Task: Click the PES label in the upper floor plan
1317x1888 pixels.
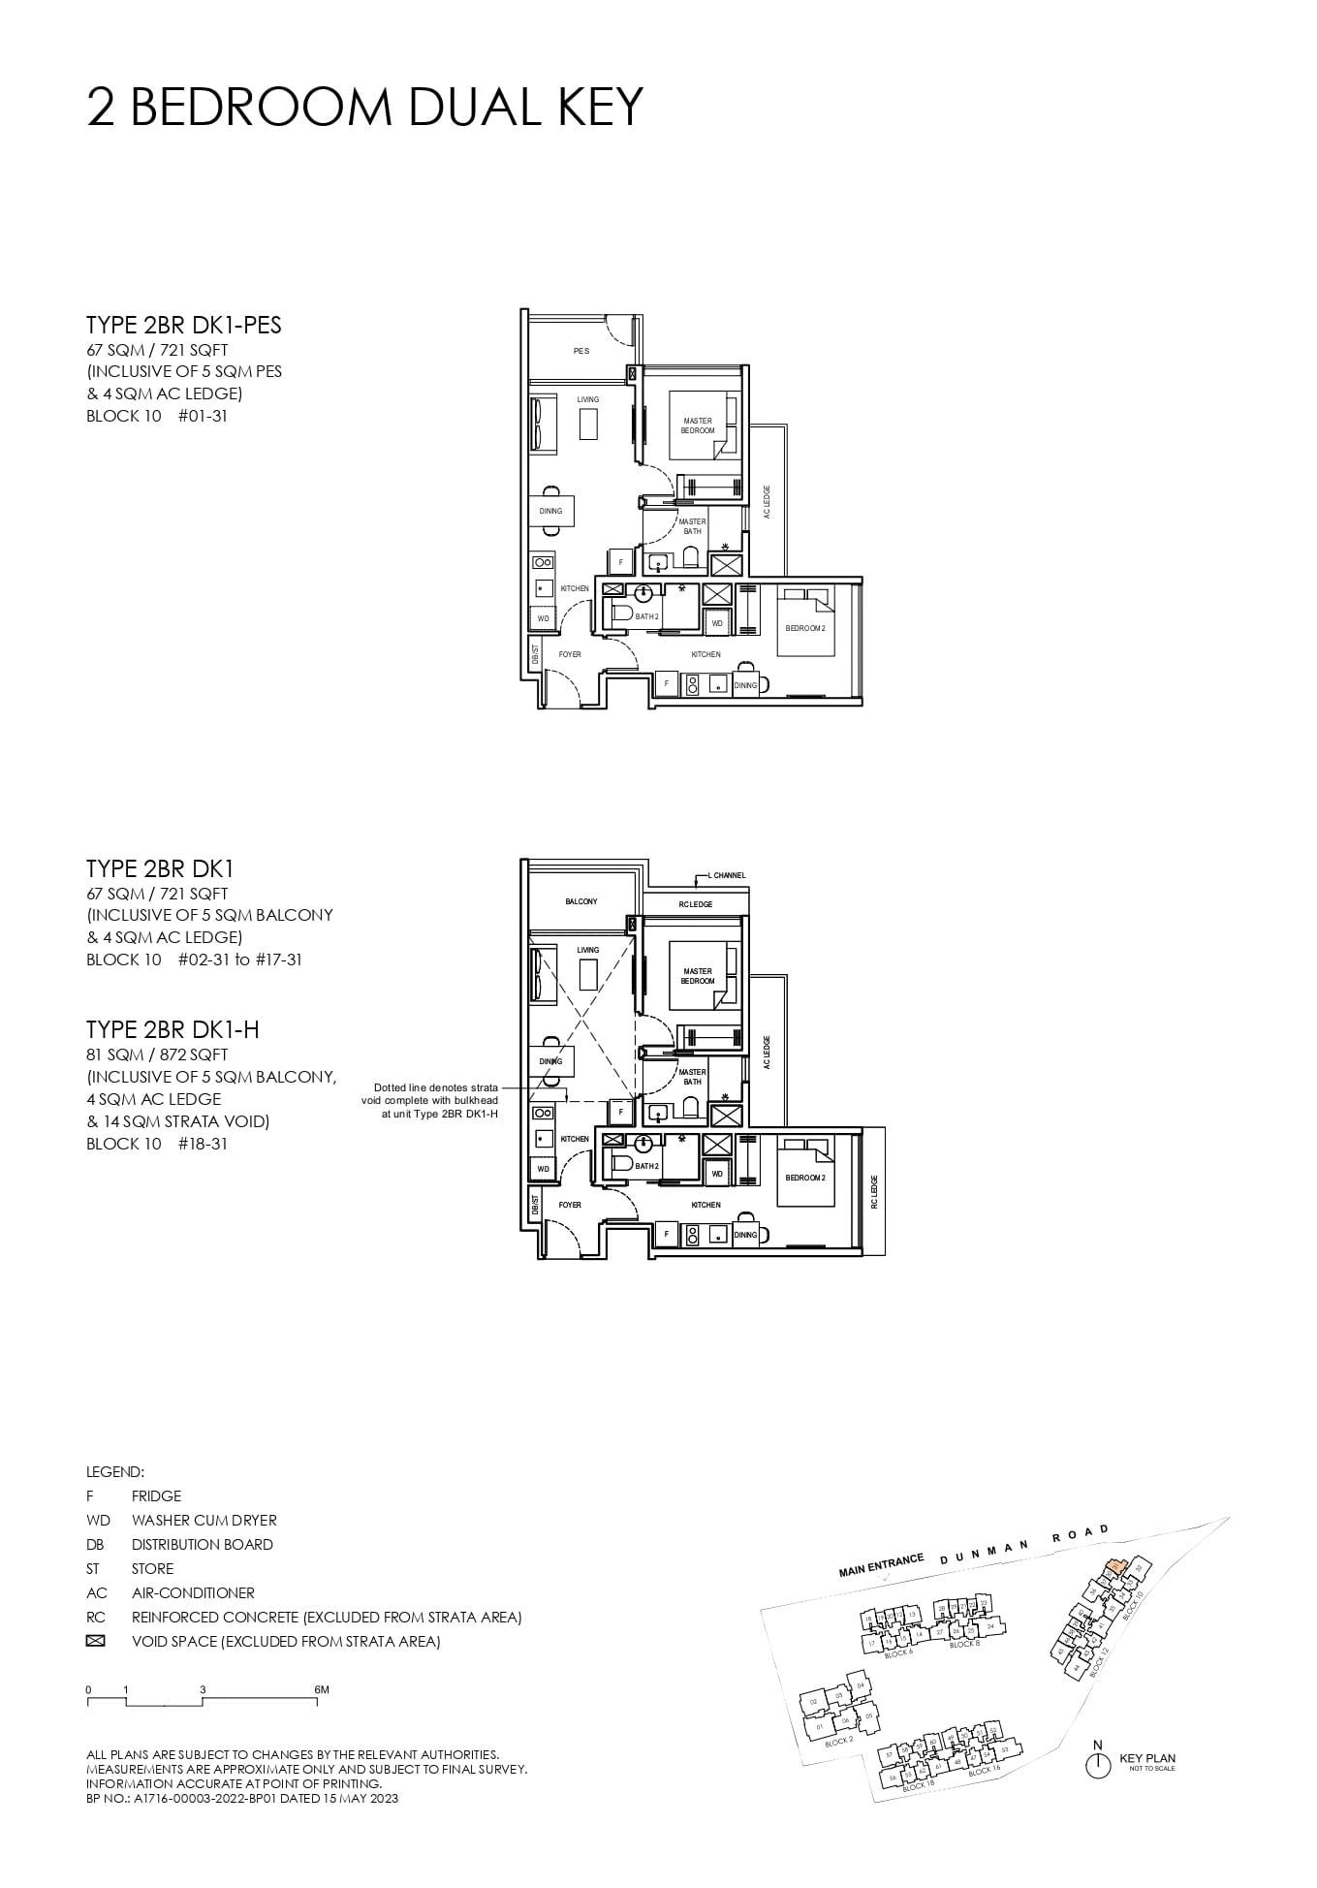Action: click(x=581, y=351)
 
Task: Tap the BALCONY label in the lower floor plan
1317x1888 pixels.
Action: click(x=581, y=901)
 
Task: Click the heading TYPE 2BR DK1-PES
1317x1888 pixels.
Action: click(x=184, y=325)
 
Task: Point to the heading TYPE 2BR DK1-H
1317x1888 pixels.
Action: click(x=172, y=1028)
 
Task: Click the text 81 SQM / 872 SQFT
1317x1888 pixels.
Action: click(x=157, y=1054)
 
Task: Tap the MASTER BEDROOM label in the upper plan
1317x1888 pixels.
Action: click(x=698, y=425)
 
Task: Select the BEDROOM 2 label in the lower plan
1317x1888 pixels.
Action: click(x=805, y=1178)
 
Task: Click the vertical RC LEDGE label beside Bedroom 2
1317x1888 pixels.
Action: click(x=873, y=1192)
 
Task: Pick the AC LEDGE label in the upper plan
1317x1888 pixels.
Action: click(x=767, y=502)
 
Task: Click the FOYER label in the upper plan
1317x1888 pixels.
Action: click(x=570, y=654)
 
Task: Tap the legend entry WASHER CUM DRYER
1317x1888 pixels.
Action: click(x=204, y=1520)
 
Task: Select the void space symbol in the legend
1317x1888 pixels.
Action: click(x=95, y=1641)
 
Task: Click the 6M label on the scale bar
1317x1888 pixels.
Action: click(x=322, y=1689)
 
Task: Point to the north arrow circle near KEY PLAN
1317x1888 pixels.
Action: click(x=1097, y=1766)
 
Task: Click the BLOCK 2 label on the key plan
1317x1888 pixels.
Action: click(x=839, y=1742)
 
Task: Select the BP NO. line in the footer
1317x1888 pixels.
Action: click(x=242, y=1798)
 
